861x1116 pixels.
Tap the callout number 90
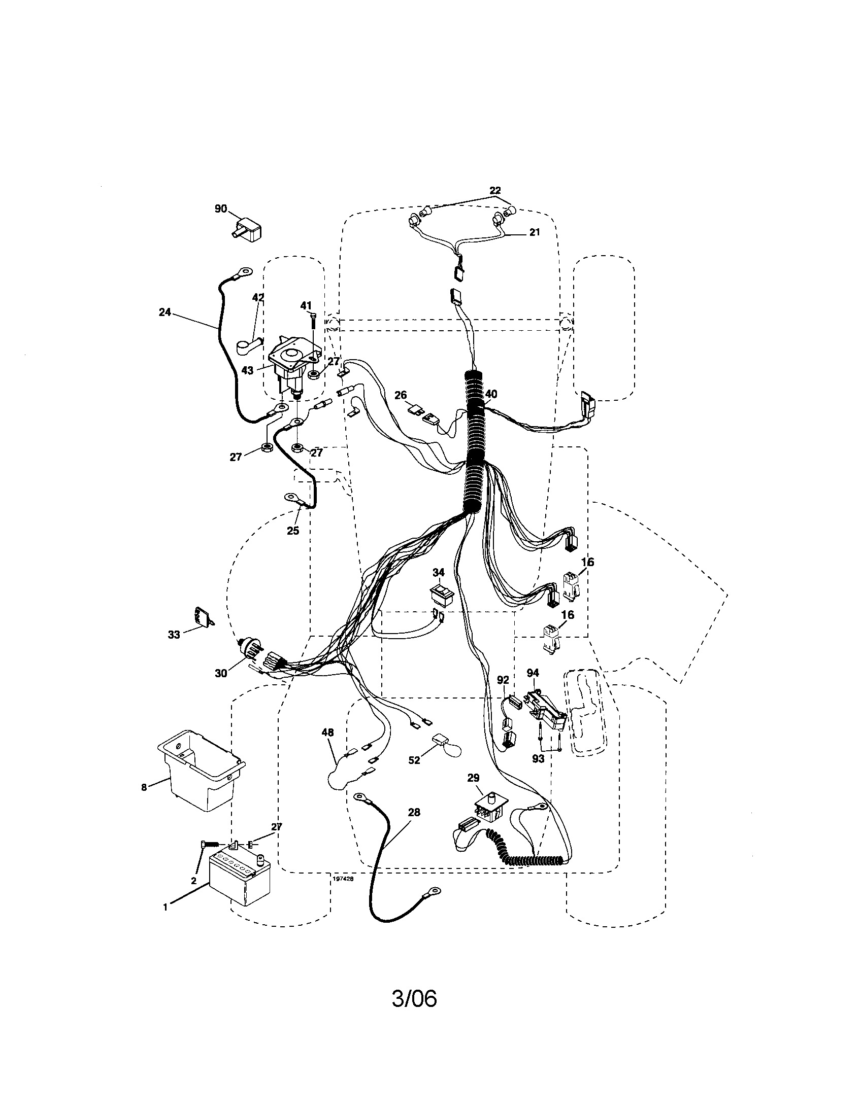tap(220, 209)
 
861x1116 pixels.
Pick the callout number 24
tap(164, 312)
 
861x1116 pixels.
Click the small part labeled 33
tap(203, 617)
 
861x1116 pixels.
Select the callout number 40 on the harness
tap(491, 394)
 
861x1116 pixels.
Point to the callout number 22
tap(494, 191)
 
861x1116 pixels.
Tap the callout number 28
tap(414, 812)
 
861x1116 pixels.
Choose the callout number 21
tap(534, 232)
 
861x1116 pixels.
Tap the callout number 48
tap(327, 732)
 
